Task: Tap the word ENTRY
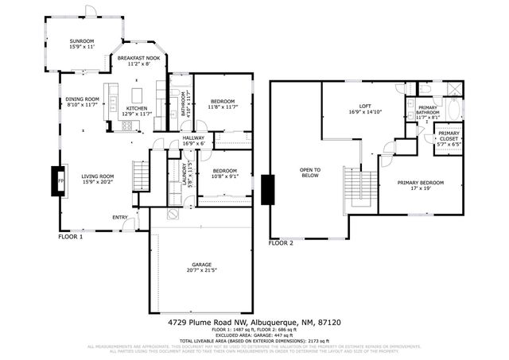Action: coord(120,217)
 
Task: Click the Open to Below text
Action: coord(309,172)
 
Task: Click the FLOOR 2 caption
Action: coord(281,243)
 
